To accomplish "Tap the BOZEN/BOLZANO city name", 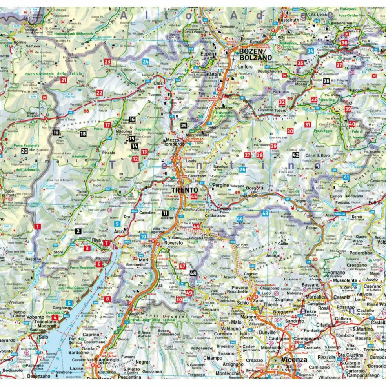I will click(x=255, y=54).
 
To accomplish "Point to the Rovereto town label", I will click(x=173, y=243).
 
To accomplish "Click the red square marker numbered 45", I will click(x=194, y=197).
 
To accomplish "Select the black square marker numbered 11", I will click(x=165, y=213).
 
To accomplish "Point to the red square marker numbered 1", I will click(x=37, y=226).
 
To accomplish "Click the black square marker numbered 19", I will click(x=56, y=133).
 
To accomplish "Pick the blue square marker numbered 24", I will click(x=146, y=62).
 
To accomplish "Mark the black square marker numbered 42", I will click(x=295, y=155).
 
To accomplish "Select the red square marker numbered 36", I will click(x=344, y=43).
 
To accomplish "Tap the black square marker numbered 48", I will click(x=193, y=273).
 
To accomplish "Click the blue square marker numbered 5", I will click(x=69, y=302).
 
